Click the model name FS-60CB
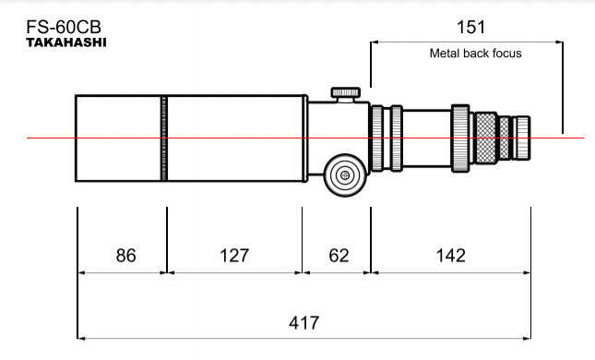point(64,27)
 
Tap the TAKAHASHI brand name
point(66,42)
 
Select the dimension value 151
point(470,28)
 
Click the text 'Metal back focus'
point(475,54)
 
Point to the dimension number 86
point(126,256)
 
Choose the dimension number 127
point(234,256)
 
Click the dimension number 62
point(339,256)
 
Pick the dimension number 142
point(451,256)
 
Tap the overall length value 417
point(303,323)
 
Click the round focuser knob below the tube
point(345,175)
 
